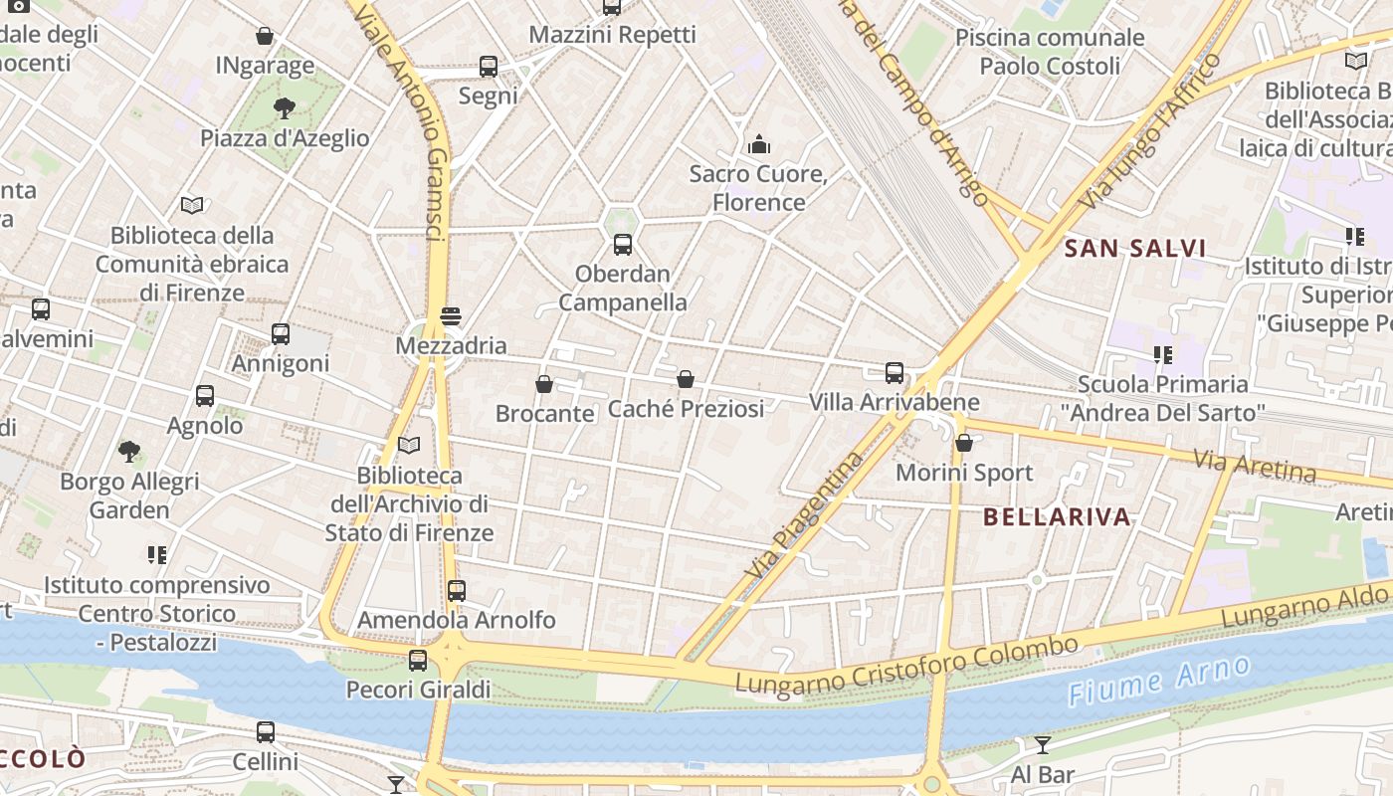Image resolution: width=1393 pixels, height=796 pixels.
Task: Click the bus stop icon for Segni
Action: pos(488,67)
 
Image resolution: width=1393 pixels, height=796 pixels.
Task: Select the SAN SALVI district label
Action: pos(1135,249)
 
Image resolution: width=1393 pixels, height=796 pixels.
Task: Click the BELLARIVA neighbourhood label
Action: pos(1057,516)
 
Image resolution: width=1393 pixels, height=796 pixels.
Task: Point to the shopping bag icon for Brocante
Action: pos(544,384)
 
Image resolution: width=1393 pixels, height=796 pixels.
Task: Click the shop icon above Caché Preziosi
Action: pos(686,379)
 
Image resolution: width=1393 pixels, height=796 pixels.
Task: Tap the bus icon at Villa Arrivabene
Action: pos(895,373)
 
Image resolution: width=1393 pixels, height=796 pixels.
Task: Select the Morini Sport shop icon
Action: pos(963,443)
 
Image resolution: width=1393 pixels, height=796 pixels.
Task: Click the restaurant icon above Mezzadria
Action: pos(451,316)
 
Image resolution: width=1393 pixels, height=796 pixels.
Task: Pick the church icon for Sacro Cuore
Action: pos(759,145)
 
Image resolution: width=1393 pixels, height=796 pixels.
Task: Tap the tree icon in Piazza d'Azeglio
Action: pos(285,107)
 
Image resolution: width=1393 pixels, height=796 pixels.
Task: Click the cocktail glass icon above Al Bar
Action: pos(1042,745)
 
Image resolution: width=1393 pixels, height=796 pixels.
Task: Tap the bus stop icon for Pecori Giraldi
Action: pos(418,660)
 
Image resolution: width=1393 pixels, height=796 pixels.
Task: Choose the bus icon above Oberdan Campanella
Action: pos(623,245)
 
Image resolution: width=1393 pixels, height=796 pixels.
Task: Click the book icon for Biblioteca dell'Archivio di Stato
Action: pos(409,445)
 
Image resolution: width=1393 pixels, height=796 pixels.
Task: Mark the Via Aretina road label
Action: pos(1254,465)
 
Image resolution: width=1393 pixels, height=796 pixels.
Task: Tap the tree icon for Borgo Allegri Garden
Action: pos(129,452)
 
